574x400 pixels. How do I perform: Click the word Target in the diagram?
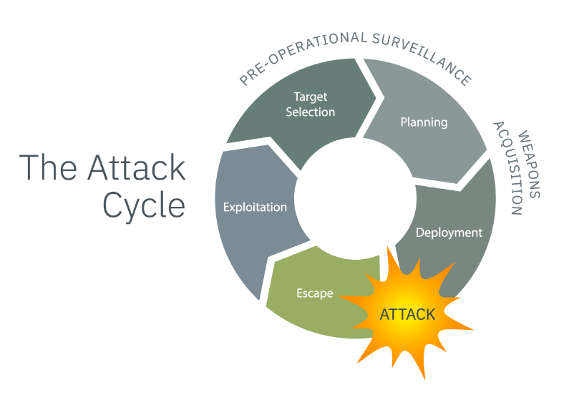[311, 97]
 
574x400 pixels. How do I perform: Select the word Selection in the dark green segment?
[311, 112]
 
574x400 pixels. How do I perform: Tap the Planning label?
[424, 122]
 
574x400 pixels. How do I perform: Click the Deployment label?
[449, 233]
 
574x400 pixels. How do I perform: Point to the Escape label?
[315, 293]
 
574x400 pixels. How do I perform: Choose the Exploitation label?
[255, 208]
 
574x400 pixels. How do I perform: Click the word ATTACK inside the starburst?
[407, 314]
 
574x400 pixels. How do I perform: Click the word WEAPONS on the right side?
[530, 165]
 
